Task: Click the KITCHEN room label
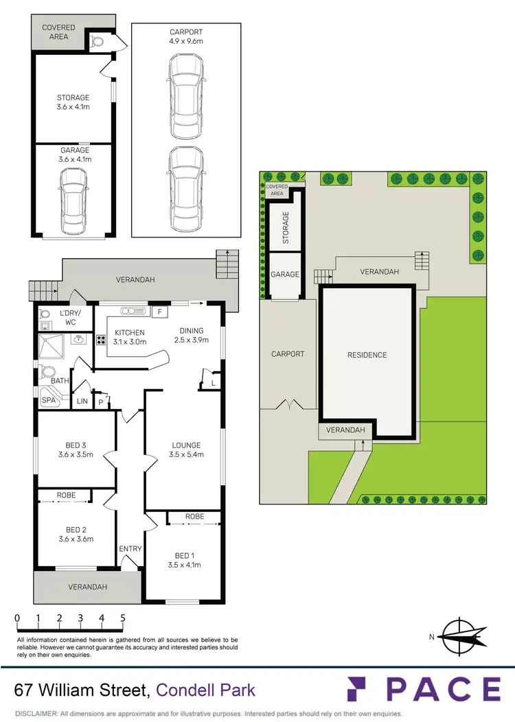[130, 333]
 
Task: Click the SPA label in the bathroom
[48, 400]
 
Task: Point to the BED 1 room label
[182, 555]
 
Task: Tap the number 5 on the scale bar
[123, 618]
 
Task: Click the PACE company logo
[424, 689]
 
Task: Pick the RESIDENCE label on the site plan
[367, 355]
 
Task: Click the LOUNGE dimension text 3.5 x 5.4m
[186, 454]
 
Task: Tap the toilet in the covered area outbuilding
[98, 41]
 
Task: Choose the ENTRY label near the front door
[130, 548]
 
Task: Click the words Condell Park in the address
[206, 689]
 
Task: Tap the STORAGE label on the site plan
[286, 228]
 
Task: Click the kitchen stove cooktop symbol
[100, 339]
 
